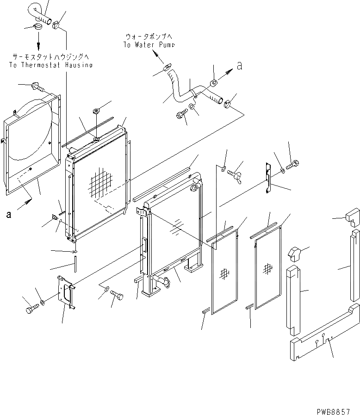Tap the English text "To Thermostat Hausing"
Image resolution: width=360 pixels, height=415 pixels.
pos(50,65)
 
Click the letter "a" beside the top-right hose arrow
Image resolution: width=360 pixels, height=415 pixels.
pos(239,66)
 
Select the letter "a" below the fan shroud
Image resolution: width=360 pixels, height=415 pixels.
pos(9,214)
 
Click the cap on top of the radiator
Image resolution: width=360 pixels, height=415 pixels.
pos(96,111)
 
